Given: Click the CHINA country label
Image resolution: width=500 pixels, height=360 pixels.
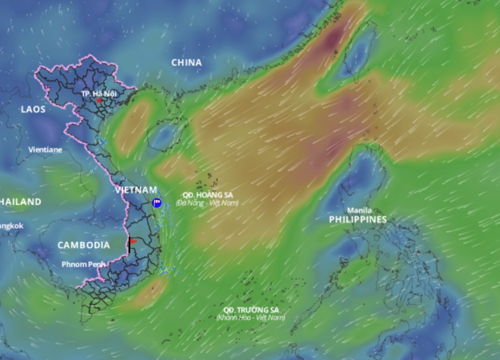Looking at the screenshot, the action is pos(187,63).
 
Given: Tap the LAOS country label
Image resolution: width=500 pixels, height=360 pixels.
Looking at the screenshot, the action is pos(33,109).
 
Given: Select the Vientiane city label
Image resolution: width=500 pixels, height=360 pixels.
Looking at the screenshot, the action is pos(45,149).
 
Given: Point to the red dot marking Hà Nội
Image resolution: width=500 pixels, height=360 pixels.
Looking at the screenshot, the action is pos(99,100).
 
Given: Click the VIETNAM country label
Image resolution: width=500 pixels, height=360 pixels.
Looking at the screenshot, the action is pos(136,190).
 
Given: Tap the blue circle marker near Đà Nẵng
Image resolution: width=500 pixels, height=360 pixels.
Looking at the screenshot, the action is pos(157,202).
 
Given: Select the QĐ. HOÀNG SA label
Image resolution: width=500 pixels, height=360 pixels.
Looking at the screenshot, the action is pos(207,195).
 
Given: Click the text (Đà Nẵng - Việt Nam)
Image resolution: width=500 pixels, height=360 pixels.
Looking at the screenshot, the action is pos(207,203).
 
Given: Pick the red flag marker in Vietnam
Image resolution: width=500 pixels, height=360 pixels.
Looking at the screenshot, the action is pos(133,241).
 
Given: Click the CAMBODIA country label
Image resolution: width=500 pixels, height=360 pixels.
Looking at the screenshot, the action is pos(83,245).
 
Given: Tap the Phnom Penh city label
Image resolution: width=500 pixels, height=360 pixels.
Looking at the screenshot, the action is pos(83,264).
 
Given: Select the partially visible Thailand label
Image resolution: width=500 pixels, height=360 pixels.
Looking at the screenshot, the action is pos(20,202).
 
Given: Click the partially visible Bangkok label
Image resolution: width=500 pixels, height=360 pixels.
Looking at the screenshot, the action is pos(11,226).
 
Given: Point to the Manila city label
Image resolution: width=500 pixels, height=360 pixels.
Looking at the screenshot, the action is pos(359,210).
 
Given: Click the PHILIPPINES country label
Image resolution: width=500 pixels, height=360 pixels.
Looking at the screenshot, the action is pos(358,219).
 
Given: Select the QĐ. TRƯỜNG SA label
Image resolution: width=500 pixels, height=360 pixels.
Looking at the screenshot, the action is pos(251,310).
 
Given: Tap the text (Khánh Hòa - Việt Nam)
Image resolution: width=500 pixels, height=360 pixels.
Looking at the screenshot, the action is pos(251,318).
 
